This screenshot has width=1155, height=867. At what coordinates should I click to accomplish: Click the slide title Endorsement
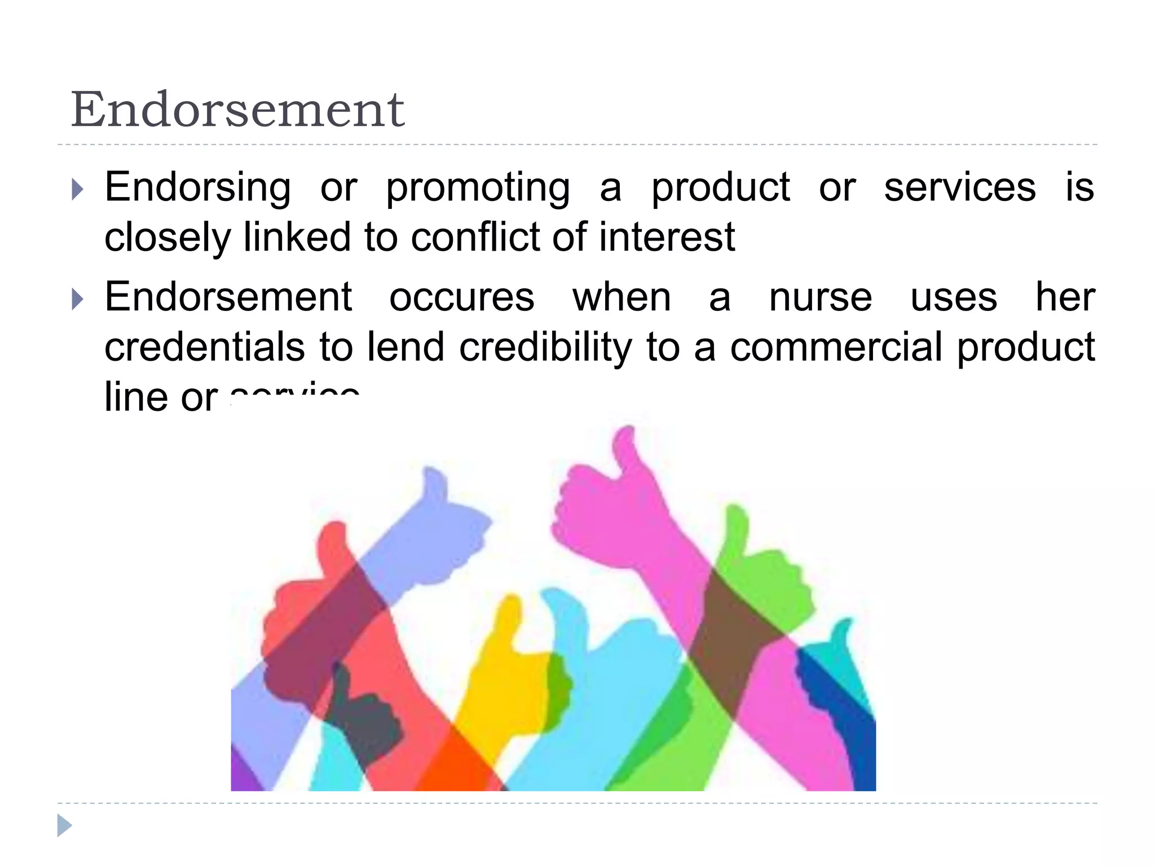pyautogui.click(x=237, y=110)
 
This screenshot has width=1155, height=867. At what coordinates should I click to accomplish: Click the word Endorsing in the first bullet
pyautogui.click(x=198, y=188)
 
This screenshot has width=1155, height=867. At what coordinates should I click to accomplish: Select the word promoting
pyautogui.click(x=478, y=188)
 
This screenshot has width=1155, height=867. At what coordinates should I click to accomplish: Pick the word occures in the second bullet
pyautogui.click(x=461, y=297)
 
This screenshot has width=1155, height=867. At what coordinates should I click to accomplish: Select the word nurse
pyautogui.click(x=821, y=297)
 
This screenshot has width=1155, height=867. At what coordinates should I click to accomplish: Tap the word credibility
pyautogui.click(x=545, y=348)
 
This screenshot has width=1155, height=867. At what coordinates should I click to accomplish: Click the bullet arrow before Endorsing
pyautogui.click(x=78, y=190)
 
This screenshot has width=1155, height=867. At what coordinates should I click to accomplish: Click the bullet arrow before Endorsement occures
pyautogui.click(x=78, y=299)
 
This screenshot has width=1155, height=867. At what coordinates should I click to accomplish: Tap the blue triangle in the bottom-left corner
pyautogui.click(x=64, y=825)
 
